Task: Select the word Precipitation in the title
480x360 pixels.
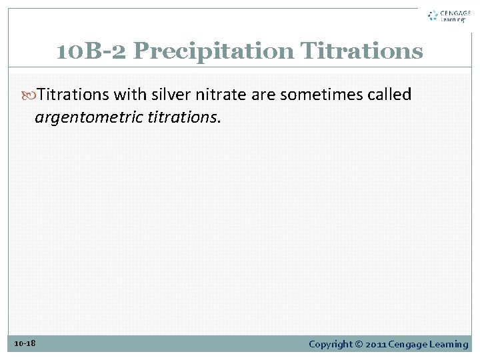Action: click(x=213, y=51)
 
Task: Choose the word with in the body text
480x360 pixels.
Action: click(x=131, y=95)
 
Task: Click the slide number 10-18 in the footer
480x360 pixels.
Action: click(x=25, y=343)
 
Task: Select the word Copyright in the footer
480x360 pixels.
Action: click(x=330, y=344)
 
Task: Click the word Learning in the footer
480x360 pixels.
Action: click(x=449, y=344)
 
